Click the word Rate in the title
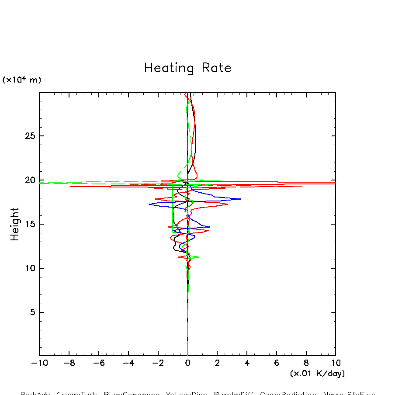[x=217, y=68]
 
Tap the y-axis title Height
[x=15, y=224]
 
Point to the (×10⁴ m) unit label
[x=21, y=80]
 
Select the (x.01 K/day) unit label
[x=317, y=374]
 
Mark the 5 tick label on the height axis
[x=31, y=312]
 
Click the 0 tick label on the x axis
[x=187, y=363]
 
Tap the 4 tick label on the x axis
[x=247, y=363]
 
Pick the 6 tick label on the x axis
[x=277, y=363]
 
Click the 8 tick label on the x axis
[x=306, y=363]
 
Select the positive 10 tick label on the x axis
[x=336, y=363]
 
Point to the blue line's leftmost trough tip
[x=149, y=204]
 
